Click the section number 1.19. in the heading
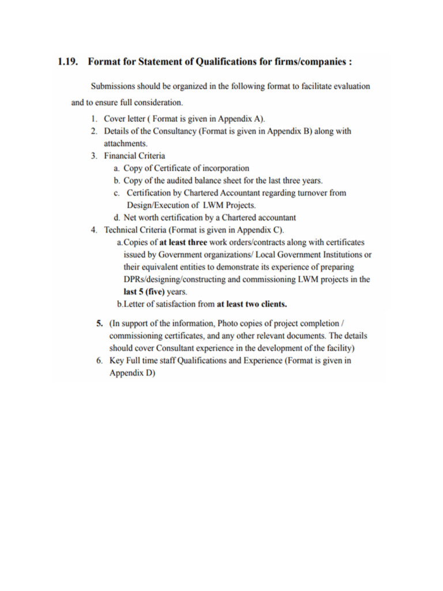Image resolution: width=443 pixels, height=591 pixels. point(68,61)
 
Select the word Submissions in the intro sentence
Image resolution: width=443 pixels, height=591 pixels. point(114,87)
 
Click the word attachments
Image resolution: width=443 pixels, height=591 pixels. point(126,143)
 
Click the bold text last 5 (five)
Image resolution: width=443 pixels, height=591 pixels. point(144,291)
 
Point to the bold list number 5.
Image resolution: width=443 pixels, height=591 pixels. point(99,323)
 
